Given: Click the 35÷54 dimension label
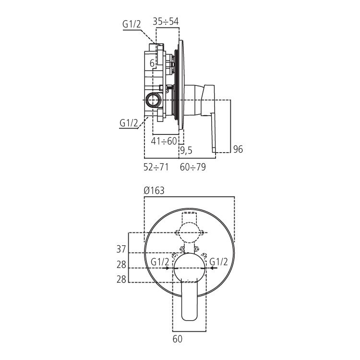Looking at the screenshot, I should [x=166, y=21].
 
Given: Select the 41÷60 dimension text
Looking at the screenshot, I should [x=164, y=141].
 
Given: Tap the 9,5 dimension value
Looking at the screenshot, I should [x=186, y=150].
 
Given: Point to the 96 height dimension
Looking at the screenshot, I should [x=238, y=149].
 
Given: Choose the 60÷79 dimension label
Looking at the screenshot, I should [x=192, y=167].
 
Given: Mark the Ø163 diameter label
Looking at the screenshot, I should [x=154, y=191].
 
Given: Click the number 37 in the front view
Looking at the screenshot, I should [x=121, y=249].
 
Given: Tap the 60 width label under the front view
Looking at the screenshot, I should [x=177, y=339].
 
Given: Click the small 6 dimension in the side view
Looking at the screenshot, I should [x=152, y=63].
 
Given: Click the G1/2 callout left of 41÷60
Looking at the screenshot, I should [x=129, y=123].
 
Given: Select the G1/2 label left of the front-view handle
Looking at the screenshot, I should [x=159, y=262].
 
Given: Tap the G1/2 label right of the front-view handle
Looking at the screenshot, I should [x=219, y=262].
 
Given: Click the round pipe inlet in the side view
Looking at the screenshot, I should [x=154, y=100].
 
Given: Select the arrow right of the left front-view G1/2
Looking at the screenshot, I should [x=166, y=269].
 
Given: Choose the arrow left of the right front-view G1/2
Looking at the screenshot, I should [x=212, y=269].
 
